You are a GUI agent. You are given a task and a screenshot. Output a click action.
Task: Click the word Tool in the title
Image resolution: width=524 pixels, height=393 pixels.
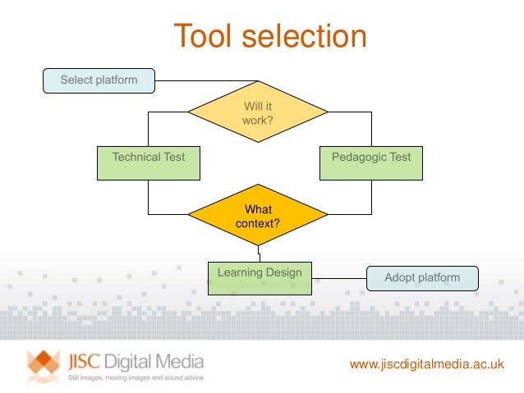click(x=206, y=37)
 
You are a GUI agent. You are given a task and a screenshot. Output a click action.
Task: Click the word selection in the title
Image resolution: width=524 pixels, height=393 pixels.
click(x=305, y=37)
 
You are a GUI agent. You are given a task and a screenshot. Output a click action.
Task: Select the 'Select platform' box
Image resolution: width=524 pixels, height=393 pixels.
click(x=99, y=80)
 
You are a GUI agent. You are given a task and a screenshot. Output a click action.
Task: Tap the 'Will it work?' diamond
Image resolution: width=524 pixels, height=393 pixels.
click(x=258, y=112)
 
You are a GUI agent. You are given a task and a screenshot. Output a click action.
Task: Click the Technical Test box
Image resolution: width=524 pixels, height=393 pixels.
click(x=148, y=162)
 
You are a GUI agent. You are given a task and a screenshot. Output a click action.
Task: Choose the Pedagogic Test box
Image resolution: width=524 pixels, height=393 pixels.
click(x=371, y=162)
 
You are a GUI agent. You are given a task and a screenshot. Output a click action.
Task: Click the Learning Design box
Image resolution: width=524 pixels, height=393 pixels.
click(x=260, y=277)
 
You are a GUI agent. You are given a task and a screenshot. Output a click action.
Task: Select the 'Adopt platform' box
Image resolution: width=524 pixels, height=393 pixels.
click(x=422, y=278)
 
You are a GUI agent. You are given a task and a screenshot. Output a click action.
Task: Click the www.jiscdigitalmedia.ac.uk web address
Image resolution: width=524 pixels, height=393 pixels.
click(x=426, y=363)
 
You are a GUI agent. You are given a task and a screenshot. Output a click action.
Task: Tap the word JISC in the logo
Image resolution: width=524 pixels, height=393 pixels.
click(x=86, y=361)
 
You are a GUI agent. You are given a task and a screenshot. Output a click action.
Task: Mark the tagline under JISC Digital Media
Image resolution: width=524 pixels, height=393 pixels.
click(x=135, y=377)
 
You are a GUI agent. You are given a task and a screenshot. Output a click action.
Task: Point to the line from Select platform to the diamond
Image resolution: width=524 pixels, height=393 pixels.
click(x=205, y=80)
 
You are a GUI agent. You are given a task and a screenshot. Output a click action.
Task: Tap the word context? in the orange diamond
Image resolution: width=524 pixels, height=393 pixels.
click(x=258, y=224)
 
